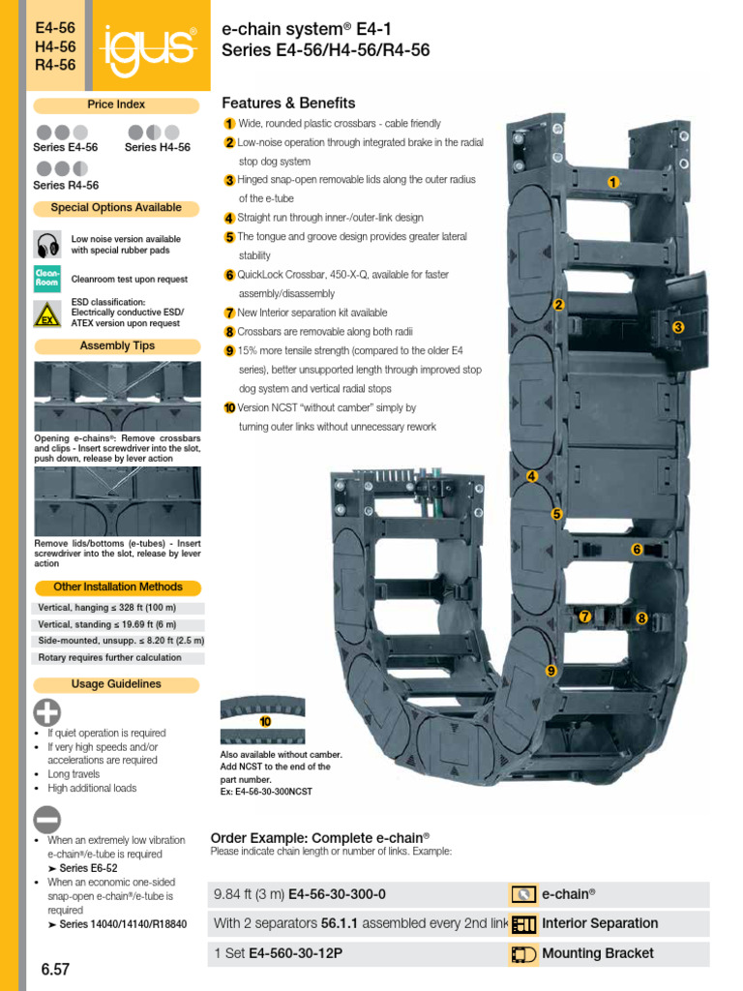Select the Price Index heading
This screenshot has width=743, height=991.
click(116, 104)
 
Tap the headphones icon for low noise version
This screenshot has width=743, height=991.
click(46, 244)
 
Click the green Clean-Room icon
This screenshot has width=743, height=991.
click(46, 279)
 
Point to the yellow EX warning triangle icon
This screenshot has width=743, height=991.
click(46, 314)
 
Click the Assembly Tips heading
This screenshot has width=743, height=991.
click(116, 345)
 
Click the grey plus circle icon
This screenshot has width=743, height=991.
click(47, 713)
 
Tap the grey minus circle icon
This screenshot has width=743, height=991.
click(47, 819)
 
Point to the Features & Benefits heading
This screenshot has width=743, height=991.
click(288, 103)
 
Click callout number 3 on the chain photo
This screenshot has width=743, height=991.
click(678, 328)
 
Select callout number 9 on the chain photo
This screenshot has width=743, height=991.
click(550, 671)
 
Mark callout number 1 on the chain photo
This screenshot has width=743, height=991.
click(613, 182)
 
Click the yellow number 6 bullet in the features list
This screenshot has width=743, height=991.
click(229, 275)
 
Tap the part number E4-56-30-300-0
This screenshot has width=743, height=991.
click(330, 894)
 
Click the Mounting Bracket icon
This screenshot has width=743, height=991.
click(523, 953)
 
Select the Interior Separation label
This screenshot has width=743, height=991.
click(600, 923)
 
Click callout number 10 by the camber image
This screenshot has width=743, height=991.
click(265, 722)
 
